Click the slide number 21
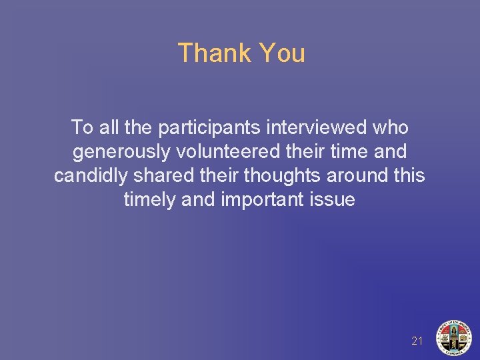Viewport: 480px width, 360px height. point(417,341)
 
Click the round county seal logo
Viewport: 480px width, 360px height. point(453,337)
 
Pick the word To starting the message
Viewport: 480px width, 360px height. point(82,127)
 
